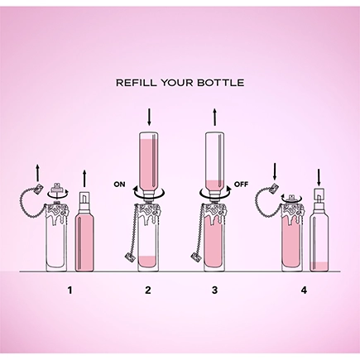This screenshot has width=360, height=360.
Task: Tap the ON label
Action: pyautogui.click(x=119, y=185)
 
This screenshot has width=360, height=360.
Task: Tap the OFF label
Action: pyautogui.click(x=241, y=184)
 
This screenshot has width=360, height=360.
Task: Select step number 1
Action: pyautogui.click(x=70, y=290)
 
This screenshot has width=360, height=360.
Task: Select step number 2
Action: pyautogui.click(x=148, y=290)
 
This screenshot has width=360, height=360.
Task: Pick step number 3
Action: pyautogui.click(x=214, y=290)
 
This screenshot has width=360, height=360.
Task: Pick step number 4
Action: pyautogui.click(x=304, y=290)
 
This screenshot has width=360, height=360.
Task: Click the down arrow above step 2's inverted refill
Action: pyautogui.click(x=149, y=118)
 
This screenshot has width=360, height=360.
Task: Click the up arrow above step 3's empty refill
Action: pyautogui.click(x=215, y=118)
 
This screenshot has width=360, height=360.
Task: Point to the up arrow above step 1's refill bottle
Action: pyautogui.click(x=84, y=178)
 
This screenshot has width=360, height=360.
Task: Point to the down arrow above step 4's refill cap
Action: pyautogui.click(x=319, y=178)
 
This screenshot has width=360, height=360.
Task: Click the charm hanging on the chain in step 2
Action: pyautogui.click(x=129, y=258)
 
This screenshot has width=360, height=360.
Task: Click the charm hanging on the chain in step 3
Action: pyautogui.click(x=194, y=257)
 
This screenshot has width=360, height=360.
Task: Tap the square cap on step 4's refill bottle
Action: pyautogui.click(x=319, y=194)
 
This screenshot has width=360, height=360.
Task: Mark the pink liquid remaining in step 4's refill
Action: pyautogui.click(x=319, y=266)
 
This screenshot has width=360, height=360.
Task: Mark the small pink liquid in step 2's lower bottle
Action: pyautogui.click(x=147, y=262)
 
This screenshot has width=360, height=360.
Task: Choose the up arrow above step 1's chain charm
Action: pyautogui.click(x=38, y=174)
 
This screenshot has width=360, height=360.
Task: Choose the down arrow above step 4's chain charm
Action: pyautogui.click(x=275, y=171)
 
